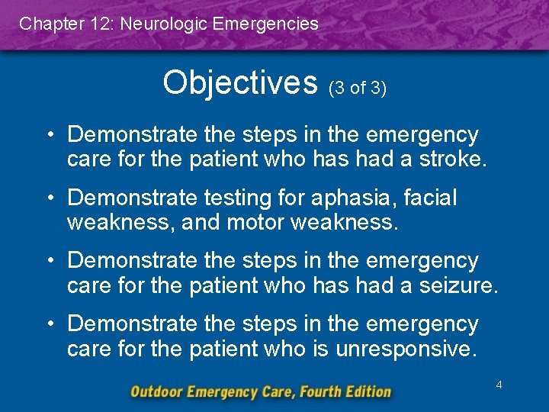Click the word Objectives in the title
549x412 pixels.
coord(239,82)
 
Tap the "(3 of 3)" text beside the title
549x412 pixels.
coord(358,88)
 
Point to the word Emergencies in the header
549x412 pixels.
coord(266,24)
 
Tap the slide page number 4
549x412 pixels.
coord(499,385)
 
